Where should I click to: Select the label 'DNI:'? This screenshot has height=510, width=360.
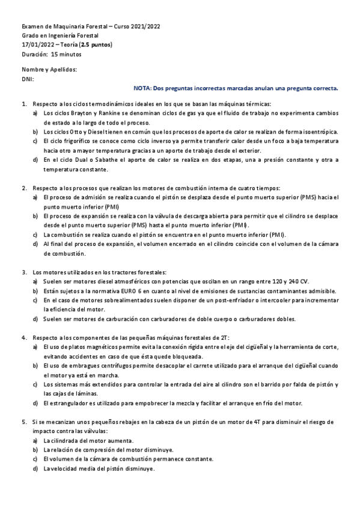click(28, 79)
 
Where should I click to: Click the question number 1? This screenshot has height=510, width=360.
click(23, 103)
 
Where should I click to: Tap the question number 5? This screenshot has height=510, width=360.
click(23, 423)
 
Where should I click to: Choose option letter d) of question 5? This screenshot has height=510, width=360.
click(35, 469)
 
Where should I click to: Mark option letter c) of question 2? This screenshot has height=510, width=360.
click(35, 235)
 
